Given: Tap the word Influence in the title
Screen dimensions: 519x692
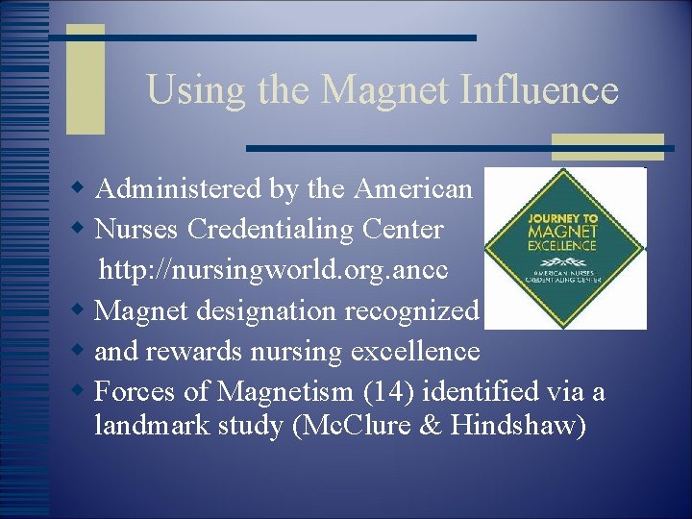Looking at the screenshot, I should click(539, 90).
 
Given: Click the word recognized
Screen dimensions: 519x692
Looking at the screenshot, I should click(416, 311).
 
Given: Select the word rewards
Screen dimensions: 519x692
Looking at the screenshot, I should click(195, 352).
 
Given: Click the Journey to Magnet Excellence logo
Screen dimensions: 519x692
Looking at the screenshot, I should click(565, 248).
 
